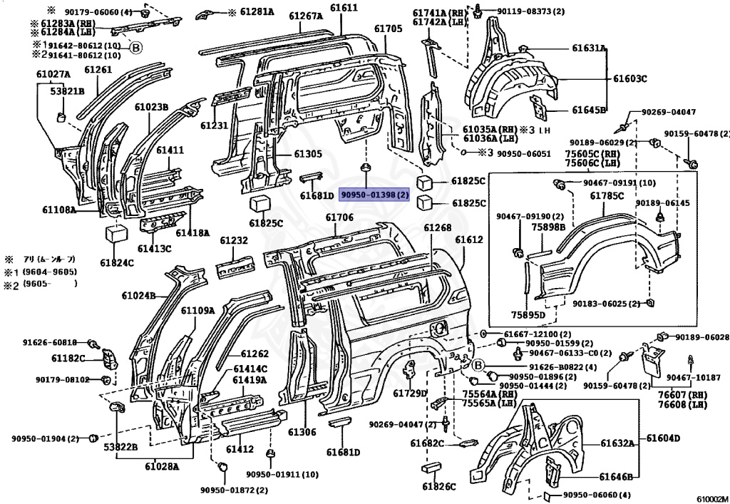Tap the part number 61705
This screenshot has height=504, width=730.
coord(388,29)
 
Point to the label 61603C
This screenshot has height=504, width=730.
coord(629,78)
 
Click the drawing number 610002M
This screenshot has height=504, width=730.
coord(712,499)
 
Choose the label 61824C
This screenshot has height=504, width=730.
coord(117,263)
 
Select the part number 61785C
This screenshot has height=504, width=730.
coord(607,196)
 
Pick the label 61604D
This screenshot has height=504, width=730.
coord(663,438)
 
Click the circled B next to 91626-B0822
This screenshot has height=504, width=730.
coord(479,366)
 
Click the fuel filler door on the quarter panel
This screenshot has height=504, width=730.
coord(439,329)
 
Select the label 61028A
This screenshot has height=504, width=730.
coord(162,466)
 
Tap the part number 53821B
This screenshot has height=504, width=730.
coord(68,91)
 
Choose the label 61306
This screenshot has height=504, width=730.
coord(302,432)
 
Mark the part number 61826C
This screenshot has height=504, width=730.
coord(439,487)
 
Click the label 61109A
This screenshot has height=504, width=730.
coord(198,310)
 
